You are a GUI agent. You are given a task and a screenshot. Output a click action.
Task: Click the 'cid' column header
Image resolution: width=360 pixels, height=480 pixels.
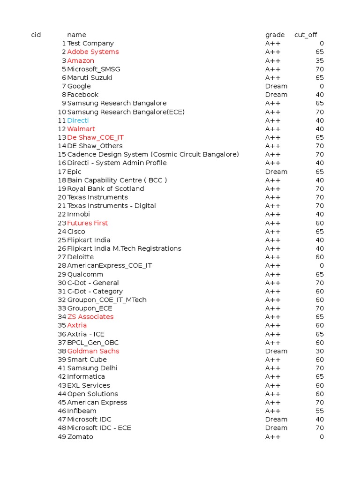click(36, 35)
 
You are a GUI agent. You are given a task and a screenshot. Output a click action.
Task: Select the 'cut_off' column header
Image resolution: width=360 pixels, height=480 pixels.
click(306, 35)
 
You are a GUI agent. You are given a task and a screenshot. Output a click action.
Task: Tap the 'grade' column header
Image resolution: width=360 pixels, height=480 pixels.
click(275, 35)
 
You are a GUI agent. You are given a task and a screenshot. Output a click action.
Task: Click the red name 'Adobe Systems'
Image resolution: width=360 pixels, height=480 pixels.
click(93, 52)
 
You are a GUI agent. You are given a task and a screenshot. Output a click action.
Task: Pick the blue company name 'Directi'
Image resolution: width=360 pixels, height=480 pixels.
click(78, 120)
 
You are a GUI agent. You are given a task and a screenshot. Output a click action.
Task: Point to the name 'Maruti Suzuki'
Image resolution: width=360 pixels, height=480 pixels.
click(90, 78)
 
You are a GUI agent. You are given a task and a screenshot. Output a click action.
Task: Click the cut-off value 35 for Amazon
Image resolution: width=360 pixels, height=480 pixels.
click(319, 60)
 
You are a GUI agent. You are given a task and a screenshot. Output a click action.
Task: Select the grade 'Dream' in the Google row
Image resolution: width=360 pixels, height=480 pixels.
click(276, 86)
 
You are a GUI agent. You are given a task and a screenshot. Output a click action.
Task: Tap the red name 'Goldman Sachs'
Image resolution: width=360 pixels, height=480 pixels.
click(93, 351)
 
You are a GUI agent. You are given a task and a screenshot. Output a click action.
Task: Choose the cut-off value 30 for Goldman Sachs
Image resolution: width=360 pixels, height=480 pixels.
click(319, 351)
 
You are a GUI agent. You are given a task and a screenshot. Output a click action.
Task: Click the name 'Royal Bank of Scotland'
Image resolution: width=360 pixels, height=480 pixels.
click(105, 189)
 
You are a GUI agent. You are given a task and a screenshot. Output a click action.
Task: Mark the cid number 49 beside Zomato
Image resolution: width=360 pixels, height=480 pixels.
click(62, 437)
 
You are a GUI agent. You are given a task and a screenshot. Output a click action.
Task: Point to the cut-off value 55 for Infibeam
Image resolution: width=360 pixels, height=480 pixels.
click(319, 411)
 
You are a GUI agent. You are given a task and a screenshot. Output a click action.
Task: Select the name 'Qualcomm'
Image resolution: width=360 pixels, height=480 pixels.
click(85, 274)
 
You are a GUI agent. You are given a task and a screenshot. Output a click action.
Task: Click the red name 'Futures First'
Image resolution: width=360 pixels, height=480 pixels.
click(87, 223)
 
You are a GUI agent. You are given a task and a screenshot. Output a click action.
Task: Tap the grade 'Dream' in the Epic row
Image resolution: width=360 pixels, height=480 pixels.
click(276, 172)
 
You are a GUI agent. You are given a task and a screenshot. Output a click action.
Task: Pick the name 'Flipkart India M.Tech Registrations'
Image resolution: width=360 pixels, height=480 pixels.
click(124, 248)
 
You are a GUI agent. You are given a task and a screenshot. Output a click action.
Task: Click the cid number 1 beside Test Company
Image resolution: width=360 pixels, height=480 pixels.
click(64, 43)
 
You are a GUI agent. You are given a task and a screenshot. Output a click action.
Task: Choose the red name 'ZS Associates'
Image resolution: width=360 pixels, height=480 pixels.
click(90, 317)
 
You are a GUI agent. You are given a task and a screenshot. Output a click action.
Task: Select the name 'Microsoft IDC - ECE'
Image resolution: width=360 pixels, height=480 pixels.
click(99, 428)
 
